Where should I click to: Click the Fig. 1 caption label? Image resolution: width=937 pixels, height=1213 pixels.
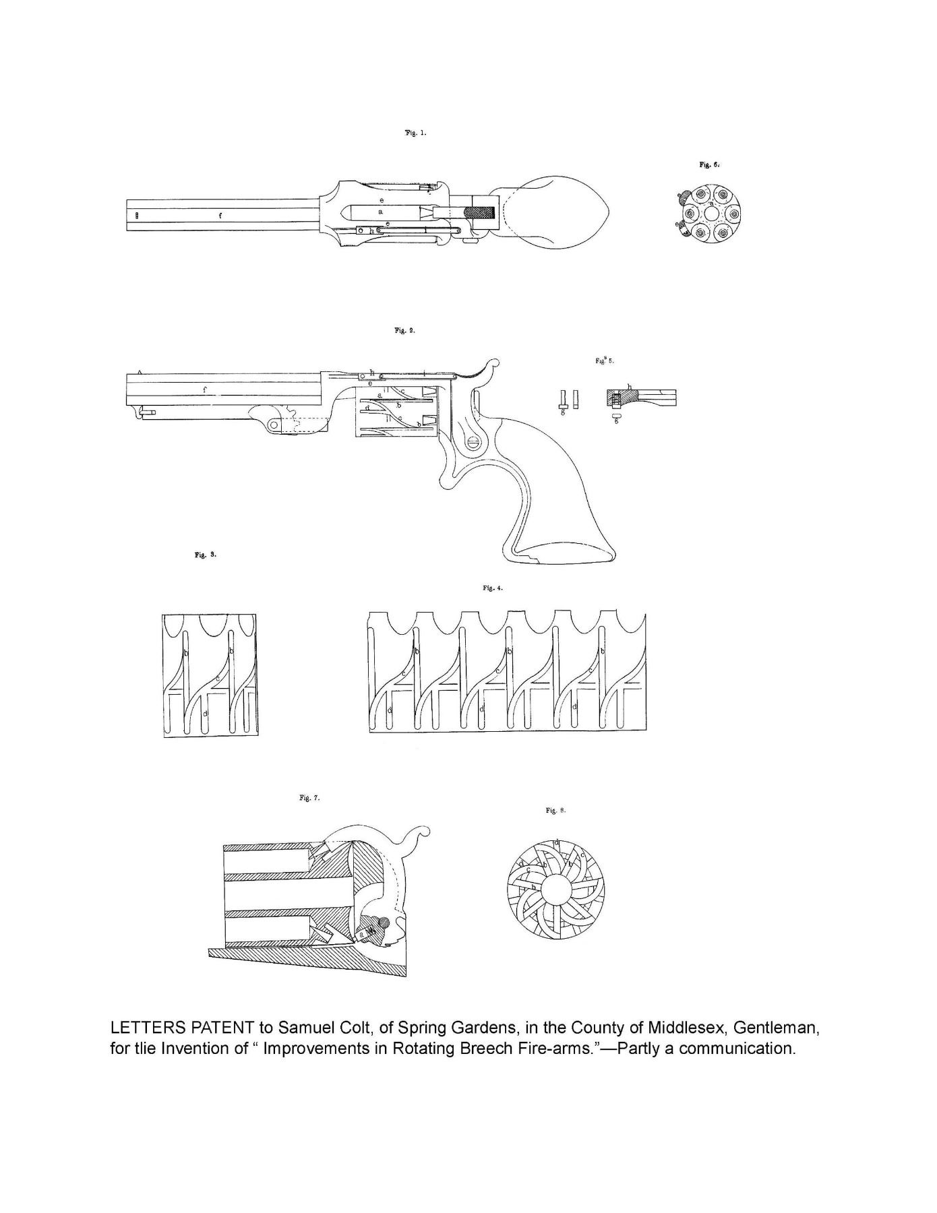(x=415, y=133)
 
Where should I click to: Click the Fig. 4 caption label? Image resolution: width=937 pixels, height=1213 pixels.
(x=493, y=588)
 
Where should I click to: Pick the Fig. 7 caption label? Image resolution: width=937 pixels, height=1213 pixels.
(x=309, y=799)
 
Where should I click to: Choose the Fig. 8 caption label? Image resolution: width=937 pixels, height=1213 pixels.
(x=555, y=810)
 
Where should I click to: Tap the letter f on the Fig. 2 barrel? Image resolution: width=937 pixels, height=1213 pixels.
(x=204, y=390)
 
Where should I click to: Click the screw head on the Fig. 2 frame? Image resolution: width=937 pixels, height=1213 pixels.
(x=473, y=443)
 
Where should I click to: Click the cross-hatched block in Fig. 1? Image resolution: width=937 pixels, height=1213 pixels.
(x=481, y=212)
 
